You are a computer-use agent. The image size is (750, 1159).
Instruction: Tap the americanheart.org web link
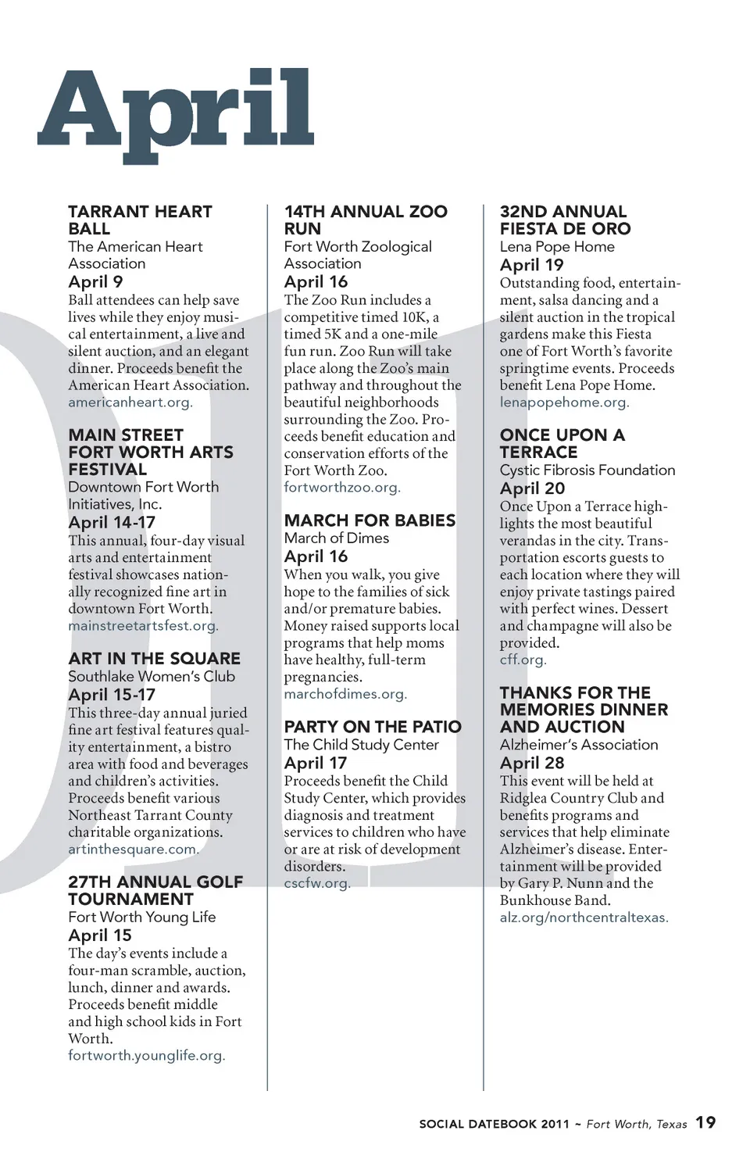pyautogui.click(x=130, y=402)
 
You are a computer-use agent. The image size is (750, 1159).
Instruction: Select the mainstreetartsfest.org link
pyautogui.click(x=143, y=626)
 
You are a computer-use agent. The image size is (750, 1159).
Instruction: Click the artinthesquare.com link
pyautogui.click(x=134, y=850)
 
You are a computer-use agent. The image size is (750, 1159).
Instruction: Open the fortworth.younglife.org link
pyautogui.click(x=146, y=1056)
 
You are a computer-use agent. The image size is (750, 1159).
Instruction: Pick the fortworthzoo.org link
pyautogui.click(x=341, y=488)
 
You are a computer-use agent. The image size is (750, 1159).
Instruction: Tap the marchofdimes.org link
pyautogui.click(x=345, y=694)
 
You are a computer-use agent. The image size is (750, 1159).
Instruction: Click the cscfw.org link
pyautogui.click(x=317, y=883)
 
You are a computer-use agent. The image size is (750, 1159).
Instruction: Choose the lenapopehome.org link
pyautogui.click(x=564, y=402)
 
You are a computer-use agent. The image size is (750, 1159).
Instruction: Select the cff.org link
pyautogui.click(x=523, y=660)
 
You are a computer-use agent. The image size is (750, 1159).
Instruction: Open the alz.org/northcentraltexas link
pyautogui.click(x=584, y=918)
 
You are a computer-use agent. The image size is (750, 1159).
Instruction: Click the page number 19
pyautogui.click(x=705, y=1122)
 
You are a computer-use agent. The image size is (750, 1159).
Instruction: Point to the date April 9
pyautogui.click(x=95, y=282)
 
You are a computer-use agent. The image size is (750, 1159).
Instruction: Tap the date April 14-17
pyautogui.click(x=112, y=523)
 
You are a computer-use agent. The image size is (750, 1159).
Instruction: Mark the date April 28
pyautogui.click(x=532, y=764)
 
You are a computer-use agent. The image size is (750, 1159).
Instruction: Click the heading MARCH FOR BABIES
pyautogui.click(x=370, y=520)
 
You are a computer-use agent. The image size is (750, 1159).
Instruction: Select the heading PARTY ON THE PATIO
pyautogui.click(x=373, y=727)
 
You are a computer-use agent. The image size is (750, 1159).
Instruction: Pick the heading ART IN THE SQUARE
pyautogui.click(x=154, y=659)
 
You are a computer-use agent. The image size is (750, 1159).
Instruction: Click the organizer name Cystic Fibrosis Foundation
pyautogui.click(x=587, y=470)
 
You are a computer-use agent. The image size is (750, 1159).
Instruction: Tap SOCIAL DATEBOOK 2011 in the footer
pyautogui.click(x=494, y=1125)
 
